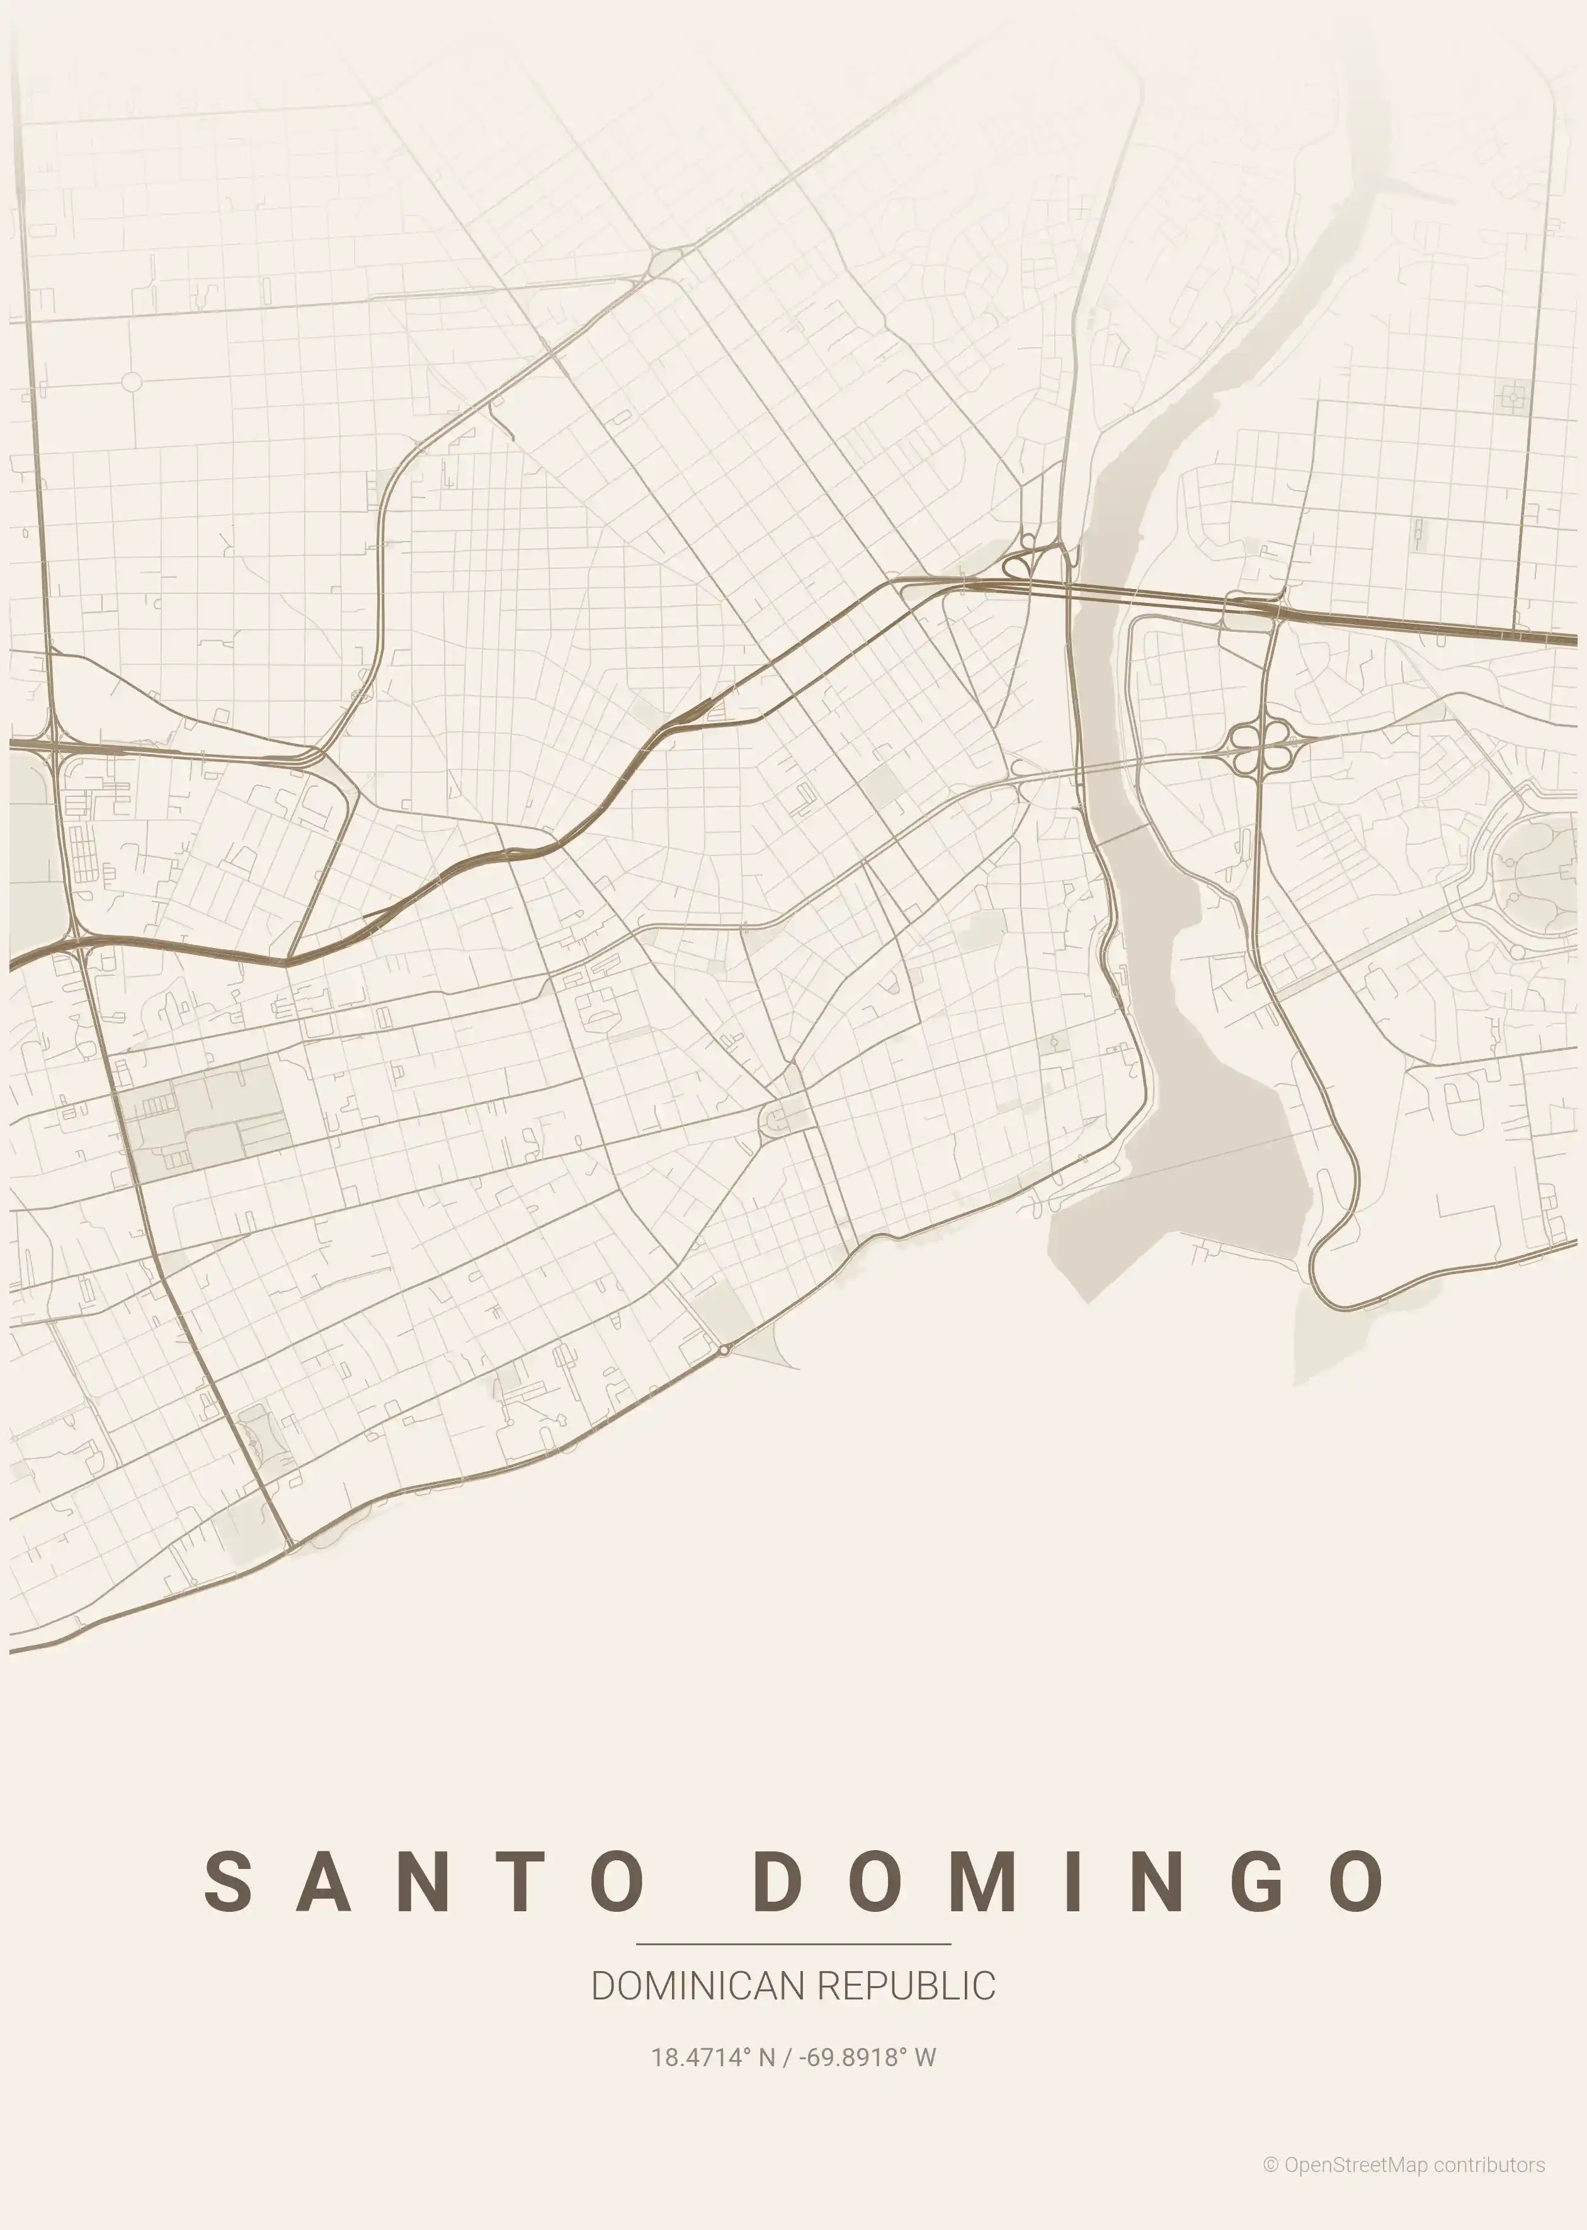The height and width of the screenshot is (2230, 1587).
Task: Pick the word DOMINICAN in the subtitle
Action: pos(698,1986)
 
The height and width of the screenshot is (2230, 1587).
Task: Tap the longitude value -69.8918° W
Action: pos(867,2057)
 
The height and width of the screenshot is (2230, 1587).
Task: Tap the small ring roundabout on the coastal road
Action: pos(723,1349)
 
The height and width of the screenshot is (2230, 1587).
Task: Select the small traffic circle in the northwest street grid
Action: pos(132,381)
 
